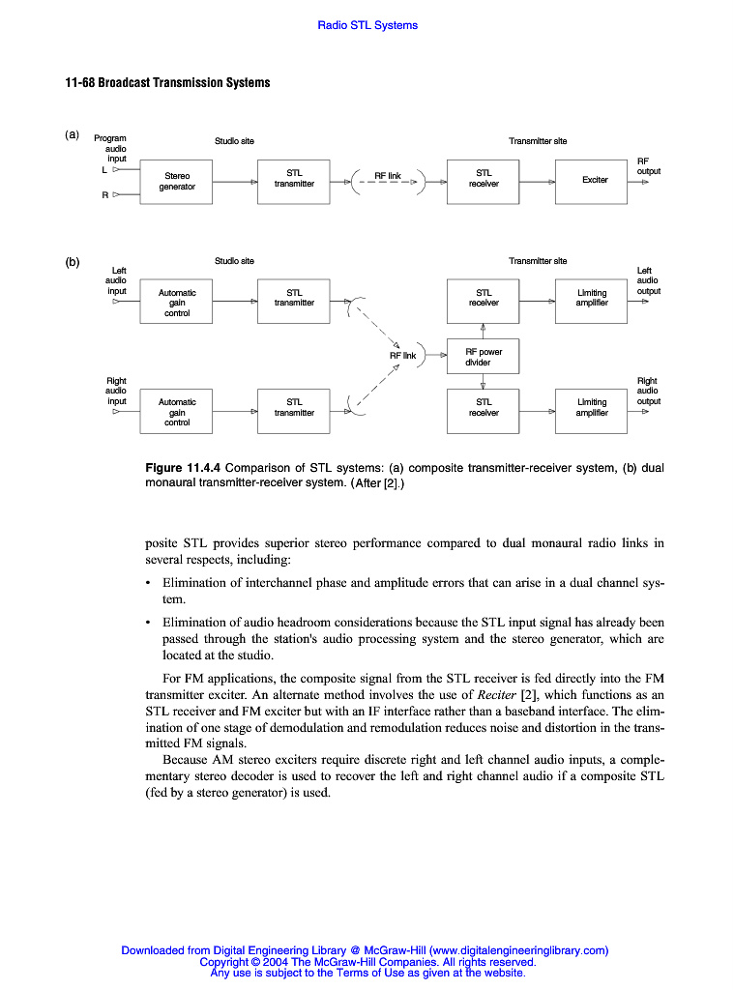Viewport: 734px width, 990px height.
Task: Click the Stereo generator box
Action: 177,182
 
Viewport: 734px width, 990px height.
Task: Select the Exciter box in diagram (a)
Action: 595,181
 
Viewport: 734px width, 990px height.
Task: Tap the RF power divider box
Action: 483,357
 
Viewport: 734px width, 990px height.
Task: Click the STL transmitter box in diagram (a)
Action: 294,179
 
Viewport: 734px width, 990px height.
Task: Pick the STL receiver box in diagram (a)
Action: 484,179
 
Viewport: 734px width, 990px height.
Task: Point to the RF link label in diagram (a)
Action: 388,176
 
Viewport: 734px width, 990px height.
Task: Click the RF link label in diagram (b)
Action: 402,356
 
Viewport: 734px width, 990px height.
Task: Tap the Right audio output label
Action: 648,391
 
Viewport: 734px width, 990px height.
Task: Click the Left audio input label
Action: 117,280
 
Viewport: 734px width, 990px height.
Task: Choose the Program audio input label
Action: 110,149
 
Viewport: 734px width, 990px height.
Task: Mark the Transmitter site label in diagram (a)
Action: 538,141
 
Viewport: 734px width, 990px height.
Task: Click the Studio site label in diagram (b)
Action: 234,261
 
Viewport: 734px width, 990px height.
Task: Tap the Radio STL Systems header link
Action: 367,25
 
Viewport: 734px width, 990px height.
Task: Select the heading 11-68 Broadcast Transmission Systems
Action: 167,82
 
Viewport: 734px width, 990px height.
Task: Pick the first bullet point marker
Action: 148,583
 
